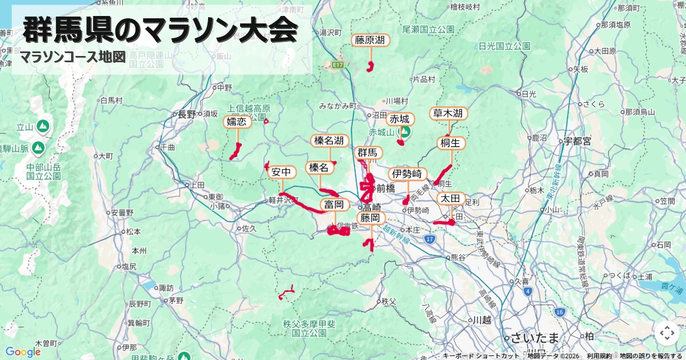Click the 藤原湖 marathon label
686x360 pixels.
point(370,40)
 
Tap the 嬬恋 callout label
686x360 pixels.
point(237,121)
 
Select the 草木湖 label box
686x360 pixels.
point(448,114)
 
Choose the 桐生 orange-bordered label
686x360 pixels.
point(452,142)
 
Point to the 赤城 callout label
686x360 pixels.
point(400,119)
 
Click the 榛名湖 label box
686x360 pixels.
point(329,141)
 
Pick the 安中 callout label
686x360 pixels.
point(282,172)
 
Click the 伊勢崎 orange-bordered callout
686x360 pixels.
point(408,174)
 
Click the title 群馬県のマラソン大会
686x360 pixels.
point(160,30)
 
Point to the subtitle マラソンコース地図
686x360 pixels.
point(72,57)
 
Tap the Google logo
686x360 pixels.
point(23,352)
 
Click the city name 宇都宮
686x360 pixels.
point(577,141)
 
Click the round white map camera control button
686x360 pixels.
point(667,333)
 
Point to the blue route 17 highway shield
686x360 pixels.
point(430,238)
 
